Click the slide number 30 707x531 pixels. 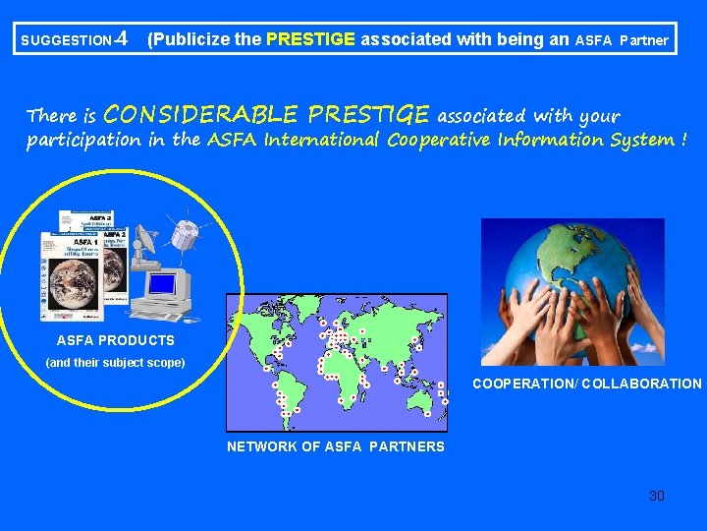click(x=656, y=496)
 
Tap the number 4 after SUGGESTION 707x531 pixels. click(x=120, y=40)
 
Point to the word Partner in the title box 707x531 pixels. click(x=643, y=41)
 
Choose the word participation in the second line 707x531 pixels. click(x=83, y=140)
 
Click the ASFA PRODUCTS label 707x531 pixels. click(x=116, y=340)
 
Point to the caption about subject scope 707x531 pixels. click(x=115, y=363)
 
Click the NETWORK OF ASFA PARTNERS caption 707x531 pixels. click(x=335, y=446)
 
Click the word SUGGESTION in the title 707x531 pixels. click(x=65, y=41)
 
